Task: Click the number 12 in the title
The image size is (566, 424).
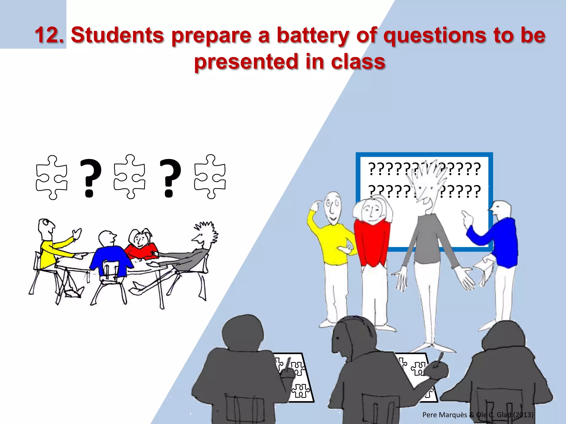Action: pyautogui.click(x=49, y=35)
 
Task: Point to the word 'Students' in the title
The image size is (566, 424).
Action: pyautogui.click(x=117, y=35)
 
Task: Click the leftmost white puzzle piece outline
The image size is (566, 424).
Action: pyautogui.click(x=52, y=177)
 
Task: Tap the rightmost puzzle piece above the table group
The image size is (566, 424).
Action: pyautogui.click(x=210, y=177)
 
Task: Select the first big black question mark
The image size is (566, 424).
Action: pyautogui.click(x=90, y=178)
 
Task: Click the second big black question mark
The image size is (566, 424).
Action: pyautogui.click(x=170, y=178)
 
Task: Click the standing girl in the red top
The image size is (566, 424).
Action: pyautogui.click(x=372, y=240)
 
